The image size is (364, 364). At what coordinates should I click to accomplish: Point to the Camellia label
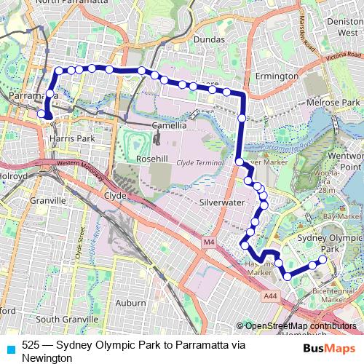[x=170, y=125]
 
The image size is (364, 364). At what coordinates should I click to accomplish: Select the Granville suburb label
[x=49, y=199]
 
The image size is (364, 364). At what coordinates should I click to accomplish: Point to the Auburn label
[x=132, y=301]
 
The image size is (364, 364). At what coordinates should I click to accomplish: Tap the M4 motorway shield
[x=210, y=241]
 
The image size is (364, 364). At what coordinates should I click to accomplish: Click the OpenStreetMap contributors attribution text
[x=300, y=326]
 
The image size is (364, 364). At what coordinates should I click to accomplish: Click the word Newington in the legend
[x=46, y=358]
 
